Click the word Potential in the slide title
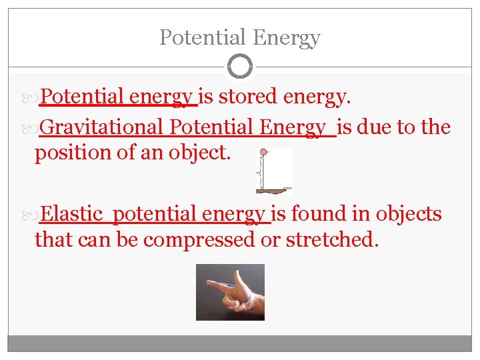[x=193, y=38]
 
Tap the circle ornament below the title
[x=240, y=66]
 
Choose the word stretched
[x=331, y=240]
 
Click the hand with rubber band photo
[x=230, y=292]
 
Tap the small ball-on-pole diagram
[x=274, y=170]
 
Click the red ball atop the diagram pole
[x=263, y=152]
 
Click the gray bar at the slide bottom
[x=240, y=343]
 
